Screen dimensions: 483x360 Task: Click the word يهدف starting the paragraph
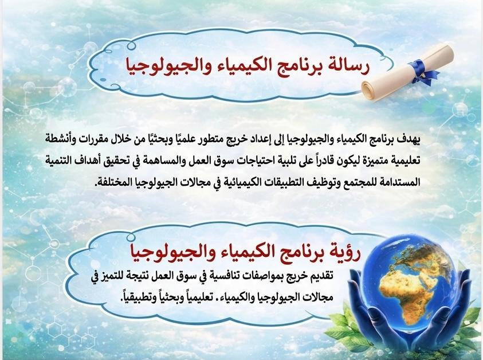coord(408,140)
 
